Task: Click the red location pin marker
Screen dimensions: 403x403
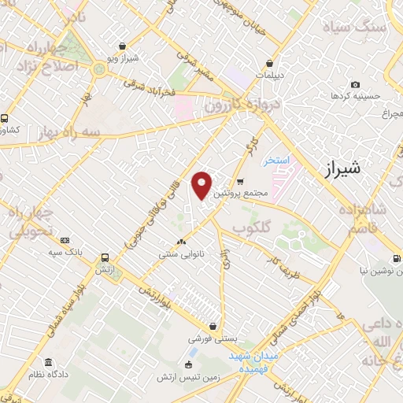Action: [202, 184]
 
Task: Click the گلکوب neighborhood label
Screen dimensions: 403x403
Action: [251, 227]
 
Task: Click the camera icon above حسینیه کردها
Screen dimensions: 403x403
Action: [356, 84]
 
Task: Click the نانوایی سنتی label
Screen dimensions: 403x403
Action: [181, 254]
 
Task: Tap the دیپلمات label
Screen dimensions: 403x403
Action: [270, 76]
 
